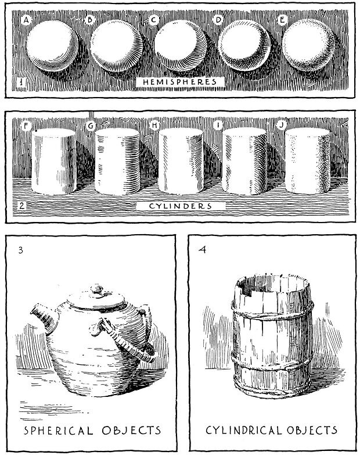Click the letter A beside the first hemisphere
tap(27, 20)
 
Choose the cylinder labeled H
tap(182, 163)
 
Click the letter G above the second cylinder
tap(91, 126)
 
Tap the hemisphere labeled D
tap(244, 49)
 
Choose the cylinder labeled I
tap(244, 163)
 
